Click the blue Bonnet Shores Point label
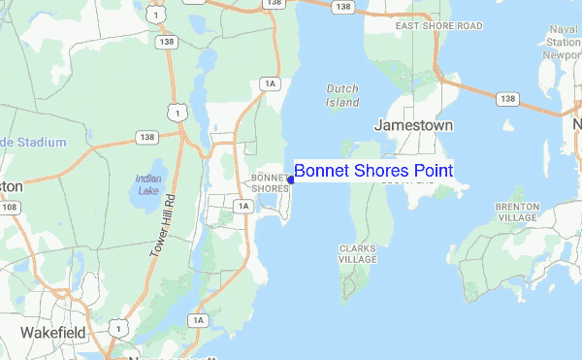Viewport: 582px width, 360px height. point(372,171)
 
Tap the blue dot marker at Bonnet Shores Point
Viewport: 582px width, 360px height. point(291,179)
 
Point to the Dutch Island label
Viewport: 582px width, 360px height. point(341,95)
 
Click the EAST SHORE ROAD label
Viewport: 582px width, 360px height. point(438,24)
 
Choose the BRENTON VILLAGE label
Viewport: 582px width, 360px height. point(516,213)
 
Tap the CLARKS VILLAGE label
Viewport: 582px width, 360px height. point(357,254)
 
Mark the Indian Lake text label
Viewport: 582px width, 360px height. point(148,184)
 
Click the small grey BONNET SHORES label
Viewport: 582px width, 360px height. point(269,183)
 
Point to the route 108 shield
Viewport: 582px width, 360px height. point(10,207)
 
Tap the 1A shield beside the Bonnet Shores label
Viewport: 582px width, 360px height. point(242,205)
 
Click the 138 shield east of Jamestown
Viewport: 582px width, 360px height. point(505,99)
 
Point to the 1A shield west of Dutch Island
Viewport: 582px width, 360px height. point(271,85)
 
